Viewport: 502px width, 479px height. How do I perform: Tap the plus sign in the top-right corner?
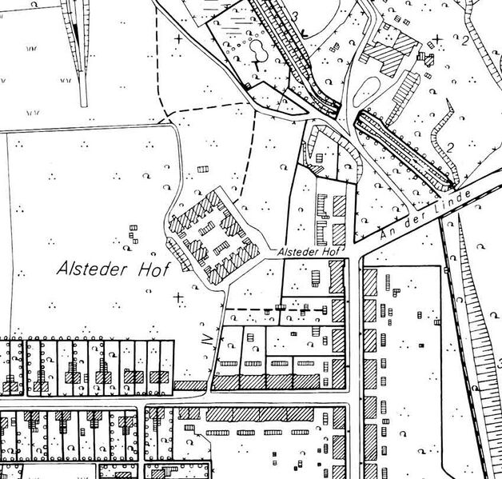[x=437, y=38]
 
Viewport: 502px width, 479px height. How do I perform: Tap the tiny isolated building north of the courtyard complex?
[x=202, y=169]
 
